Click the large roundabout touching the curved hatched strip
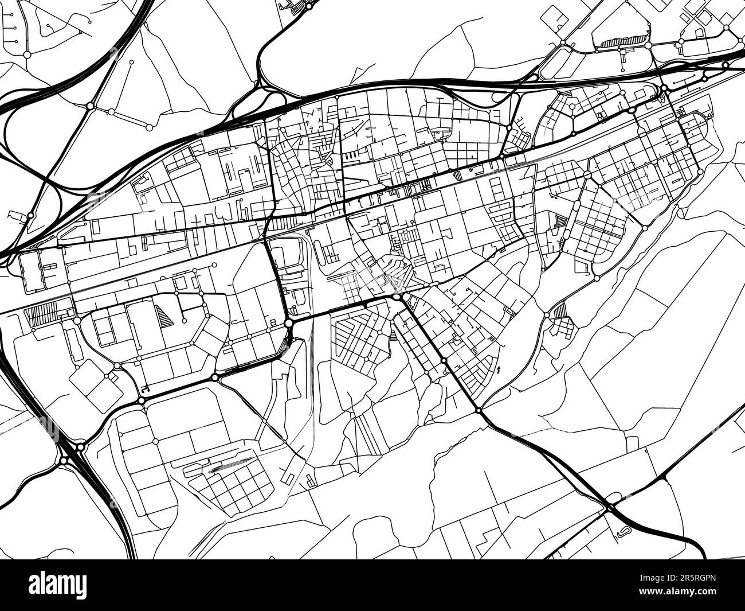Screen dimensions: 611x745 (x=648, y=44)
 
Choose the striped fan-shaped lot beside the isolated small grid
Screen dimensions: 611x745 (x=560, y=311)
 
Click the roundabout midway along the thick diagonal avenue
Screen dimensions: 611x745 (x=444, y=360)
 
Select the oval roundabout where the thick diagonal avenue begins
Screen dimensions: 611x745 (x=397, y=297)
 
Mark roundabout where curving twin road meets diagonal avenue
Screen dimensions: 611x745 (x=479, y=411)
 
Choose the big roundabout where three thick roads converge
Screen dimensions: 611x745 (x=288, y=324)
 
